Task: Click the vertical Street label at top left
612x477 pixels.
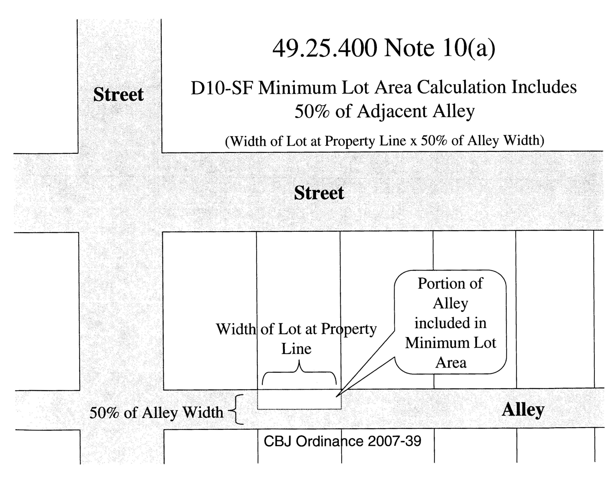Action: pos(118,94)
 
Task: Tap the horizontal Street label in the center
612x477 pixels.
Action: pos(319,193)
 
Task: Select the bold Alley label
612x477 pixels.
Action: pos(523,410)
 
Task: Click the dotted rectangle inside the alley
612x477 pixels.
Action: pos(299,399)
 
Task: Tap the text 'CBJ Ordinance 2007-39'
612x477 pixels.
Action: pos(342,441)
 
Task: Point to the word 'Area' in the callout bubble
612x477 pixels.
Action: pos(451,363)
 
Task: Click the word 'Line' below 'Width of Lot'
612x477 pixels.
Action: pos(296,349)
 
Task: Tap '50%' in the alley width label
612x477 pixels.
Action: pos(104,413)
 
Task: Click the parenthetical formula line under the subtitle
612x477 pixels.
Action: pos(384,141)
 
